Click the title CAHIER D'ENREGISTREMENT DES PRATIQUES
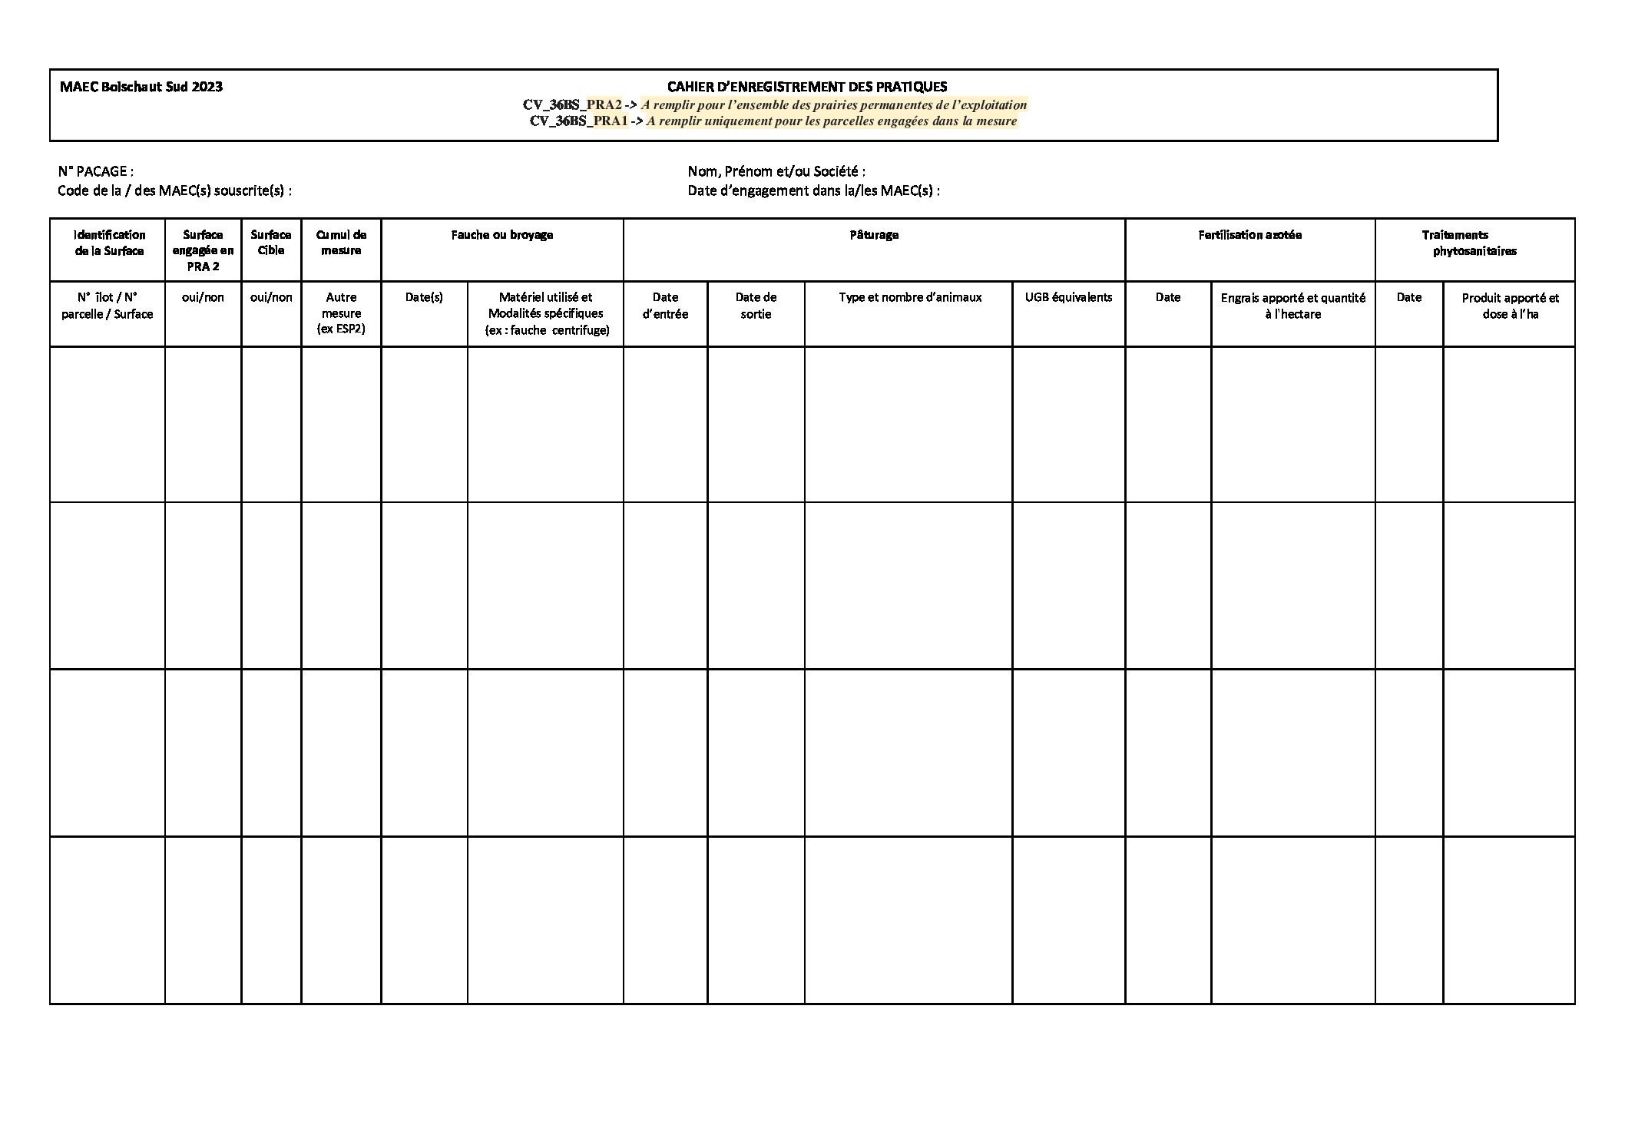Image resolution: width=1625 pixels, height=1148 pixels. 806,87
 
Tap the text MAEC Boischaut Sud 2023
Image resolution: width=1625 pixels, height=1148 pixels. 141,87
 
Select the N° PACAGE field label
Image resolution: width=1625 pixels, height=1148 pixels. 96,171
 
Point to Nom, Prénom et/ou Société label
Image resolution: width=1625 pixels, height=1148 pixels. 776,171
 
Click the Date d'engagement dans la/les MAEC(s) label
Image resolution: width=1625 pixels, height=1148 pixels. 813,190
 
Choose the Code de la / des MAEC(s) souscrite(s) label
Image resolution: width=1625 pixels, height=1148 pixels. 174,190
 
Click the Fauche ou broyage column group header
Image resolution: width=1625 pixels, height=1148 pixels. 501,235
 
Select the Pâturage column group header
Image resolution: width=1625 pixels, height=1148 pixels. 874,235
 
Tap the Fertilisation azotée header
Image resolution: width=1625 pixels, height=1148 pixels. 1249,235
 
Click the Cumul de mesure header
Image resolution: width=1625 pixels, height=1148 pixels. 341,243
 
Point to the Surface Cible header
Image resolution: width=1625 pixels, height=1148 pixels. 271,243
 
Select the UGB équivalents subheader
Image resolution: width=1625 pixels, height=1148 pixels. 1068,297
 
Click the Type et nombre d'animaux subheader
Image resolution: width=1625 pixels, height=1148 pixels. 909,297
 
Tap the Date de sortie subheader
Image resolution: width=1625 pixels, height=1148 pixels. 756,306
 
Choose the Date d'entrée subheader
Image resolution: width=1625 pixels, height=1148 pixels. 665,306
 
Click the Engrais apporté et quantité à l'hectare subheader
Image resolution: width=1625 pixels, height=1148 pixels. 1292,306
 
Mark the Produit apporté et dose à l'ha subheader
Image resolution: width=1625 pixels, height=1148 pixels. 1510,306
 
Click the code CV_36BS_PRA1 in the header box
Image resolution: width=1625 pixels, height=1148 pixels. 578,121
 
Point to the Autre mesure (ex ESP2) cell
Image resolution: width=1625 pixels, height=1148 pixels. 341,313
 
